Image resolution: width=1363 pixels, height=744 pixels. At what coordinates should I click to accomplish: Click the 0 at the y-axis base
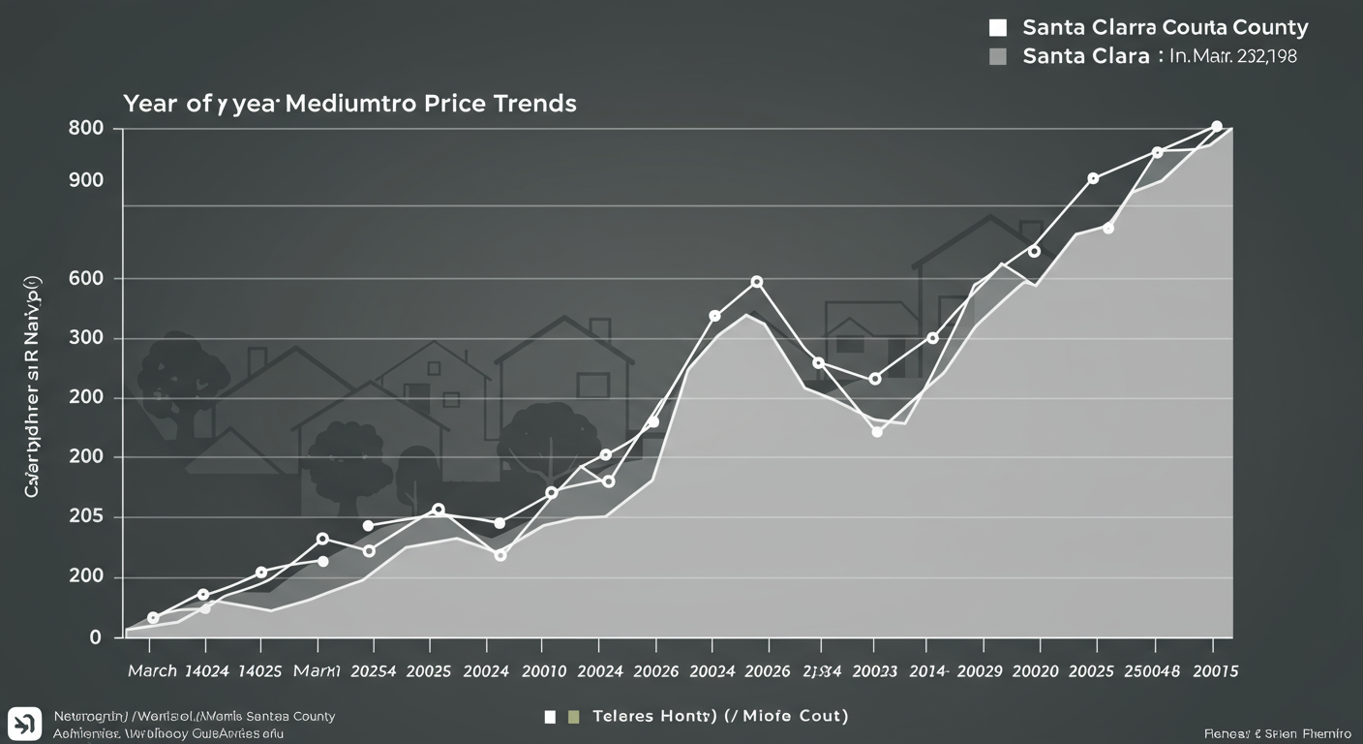95,637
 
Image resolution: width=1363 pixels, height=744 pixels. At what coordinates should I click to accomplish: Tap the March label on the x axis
151,670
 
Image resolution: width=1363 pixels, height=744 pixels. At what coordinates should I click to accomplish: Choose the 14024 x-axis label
205,670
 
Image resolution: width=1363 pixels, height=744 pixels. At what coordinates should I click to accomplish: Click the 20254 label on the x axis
374,670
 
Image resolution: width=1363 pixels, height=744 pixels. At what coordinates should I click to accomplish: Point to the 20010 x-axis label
542,670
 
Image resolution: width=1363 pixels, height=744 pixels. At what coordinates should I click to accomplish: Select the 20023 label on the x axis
875,670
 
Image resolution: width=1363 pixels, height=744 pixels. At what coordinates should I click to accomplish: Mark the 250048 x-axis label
1154,670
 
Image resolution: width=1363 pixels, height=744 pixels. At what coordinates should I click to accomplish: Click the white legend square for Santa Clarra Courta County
999,27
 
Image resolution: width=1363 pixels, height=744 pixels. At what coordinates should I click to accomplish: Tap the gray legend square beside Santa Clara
999,56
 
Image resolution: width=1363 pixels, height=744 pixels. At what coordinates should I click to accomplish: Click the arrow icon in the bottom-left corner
23,724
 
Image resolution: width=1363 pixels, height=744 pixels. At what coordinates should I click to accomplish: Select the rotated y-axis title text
35,391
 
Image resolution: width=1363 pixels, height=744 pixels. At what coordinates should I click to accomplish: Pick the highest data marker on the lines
1217,127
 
